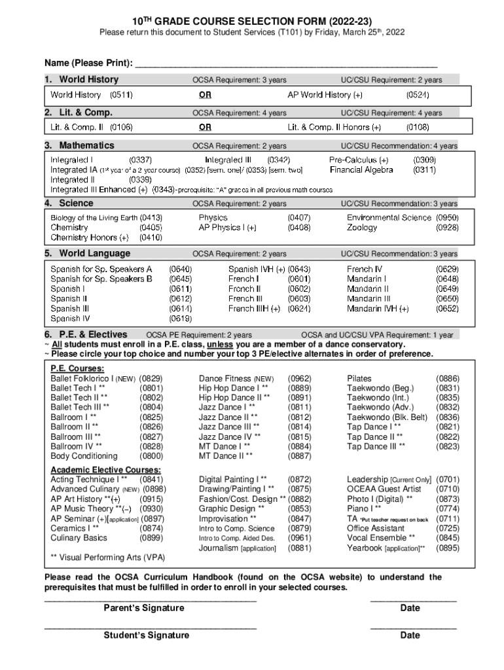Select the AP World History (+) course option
pos(334,95)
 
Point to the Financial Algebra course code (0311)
pos(425,170)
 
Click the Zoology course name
pos(362,228)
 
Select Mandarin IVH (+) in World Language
pos(378,309)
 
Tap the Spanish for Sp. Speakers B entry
pos(101,279)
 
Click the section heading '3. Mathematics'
pos(79,145)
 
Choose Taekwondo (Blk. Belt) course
pos(387,417)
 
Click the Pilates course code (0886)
pos(447,379)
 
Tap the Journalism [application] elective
pos(237,548)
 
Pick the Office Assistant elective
pos(376,528)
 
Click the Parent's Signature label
pos(144,608)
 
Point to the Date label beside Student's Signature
pos(410,635)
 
